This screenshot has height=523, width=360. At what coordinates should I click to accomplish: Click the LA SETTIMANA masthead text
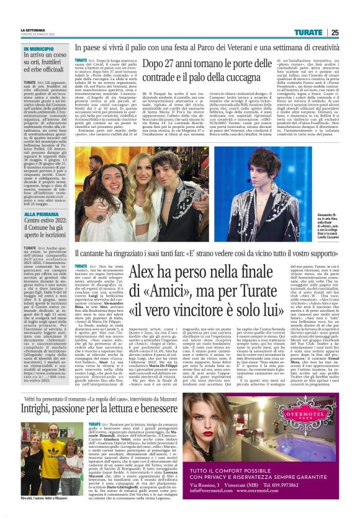[34, 30]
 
